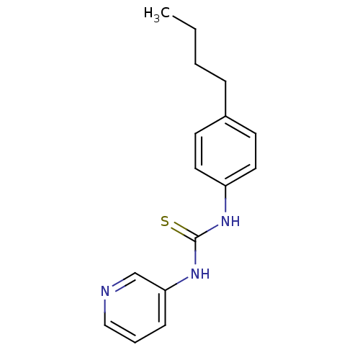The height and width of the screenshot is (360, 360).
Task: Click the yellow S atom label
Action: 165,222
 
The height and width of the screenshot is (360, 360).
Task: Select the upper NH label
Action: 230,222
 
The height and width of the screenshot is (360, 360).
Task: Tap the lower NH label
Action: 199,274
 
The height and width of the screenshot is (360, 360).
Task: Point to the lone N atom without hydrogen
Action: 105,292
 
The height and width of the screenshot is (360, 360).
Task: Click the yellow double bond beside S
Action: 179,230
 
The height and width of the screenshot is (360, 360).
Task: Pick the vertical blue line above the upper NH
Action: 225,205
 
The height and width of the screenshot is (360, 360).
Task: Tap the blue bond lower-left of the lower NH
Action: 182,281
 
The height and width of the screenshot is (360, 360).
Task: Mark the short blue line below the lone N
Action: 105,306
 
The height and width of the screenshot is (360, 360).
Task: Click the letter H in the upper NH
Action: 235,222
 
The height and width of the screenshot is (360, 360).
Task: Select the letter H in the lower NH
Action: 204,274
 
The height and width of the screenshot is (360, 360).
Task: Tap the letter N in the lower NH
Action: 195,274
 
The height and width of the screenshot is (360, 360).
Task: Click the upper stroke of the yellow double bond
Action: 181,227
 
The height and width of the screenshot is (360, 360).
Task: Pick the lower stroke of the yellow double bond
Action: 178,233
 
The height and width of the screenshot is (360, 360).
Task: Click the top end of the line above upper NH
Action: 225,198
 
